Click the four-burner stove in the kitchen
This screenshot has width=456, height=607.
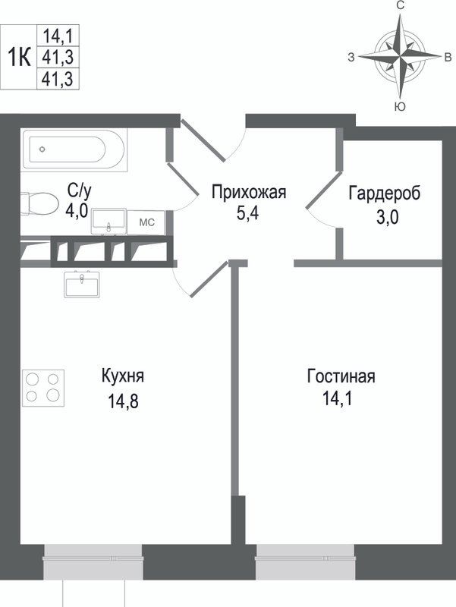(42, 385)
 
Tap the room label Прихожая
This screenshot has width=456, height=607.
(248, 193)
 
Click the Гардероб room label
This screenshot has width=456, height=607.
(384, 193)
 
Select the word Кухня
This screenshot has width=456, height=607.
(122, 376)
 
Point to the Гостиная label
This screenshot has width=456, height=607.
(341, 376)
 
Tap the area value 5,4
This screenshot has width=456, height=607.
(248, 213)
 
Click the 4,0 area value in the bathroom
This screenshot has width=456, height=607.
(78, 209)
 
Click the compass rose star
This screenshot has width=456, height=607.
(400, 56)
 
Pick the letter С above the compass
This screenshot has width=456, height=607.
(400, 6)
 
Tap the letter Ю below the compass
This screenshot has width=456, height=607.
(400, 107)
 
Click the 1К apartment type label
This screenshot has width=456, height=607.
(18, 56)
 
